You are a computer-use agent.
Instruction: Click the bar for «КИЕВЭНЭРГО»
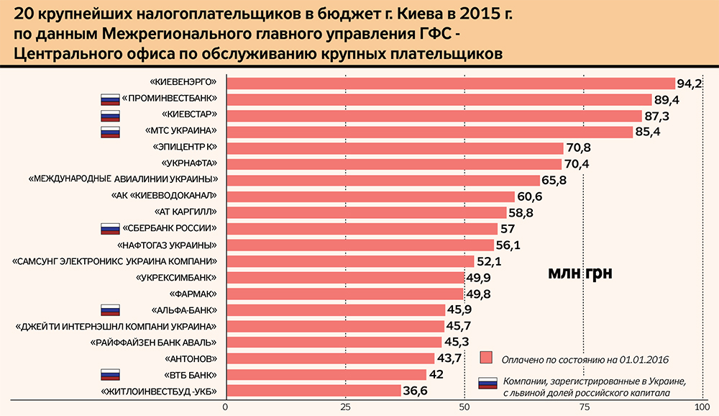450,83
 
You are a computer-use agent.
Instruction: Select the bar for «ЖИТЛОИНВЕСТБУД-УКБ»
313,391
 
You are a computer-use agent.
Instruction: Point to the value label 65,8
555,180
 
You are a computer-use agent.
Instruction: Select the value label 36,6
416,391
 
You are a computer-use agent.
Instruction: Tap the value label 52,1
490,261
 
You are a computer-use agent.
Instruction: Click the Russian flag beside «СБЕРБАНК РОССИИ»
110,229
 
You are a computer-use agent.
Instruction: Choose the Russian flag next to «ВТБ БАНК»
110,374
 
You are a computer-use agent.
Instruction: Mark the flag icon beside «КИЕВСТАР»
110,115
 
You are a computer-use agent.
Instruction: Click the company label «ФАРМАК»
192,294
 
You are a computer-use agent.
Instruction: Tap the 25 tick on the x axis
345,407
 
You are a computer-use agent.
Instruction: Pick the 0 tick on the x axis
226,407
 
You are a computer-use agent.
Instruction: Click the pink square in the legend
487,358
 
